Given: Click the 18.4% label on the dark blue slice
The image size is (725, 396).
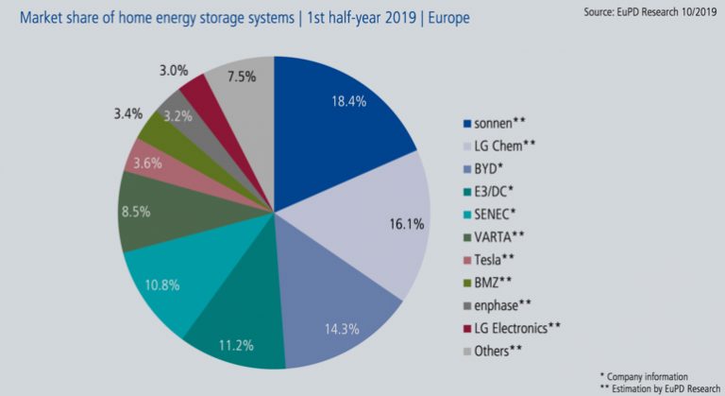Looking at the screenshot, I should (349, 101).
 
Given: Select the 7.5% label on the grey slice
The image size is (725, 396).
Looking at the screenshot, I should (242, 77).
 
